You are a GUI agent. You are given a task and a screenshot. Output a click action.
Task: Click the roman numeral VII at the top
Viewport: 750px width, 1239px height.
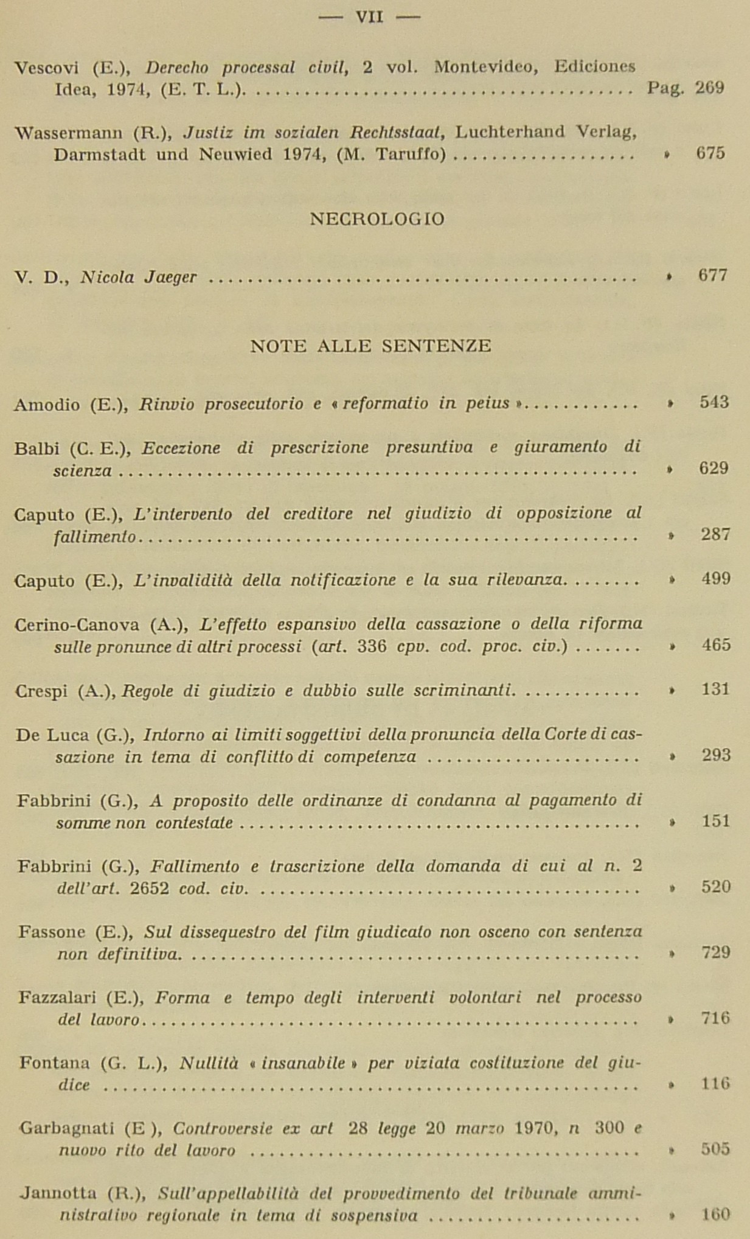[369, 17]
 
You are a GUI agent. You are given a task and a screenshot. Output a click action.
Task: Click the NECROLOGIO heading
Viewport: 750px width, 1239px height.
[377, 219]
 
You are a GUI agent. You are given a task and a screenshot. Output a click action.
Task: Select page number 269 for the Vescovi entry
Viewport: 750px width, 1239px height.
[710, 88]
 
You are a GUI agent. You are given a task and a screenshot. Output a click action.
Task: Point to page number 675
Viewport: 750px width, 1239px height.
[710, 153]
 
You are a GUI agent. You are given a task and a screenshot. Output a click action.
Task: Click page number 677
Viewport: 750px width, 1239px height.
[712, 276]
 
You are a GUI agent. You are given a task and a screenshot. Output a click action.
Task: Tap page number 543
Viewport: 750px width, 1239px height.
[714, 402]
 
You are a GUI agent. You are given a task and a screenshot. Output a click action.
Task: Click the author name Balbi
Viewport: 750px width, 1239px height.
[36, 449]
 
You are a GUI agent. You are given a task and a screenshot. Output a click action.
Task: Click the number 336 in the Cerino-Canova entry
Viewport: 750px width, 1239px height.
[372, 646]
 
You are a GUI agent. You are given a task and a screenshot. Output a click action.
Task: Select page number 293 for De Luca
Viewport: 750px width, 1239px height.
[715, 755]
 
